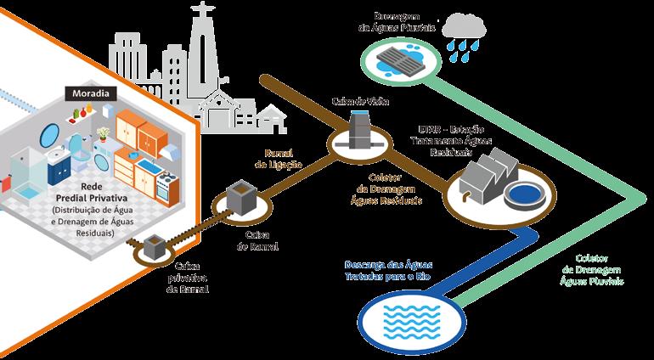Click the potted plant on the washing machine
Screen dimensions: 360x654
[103, 133]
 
